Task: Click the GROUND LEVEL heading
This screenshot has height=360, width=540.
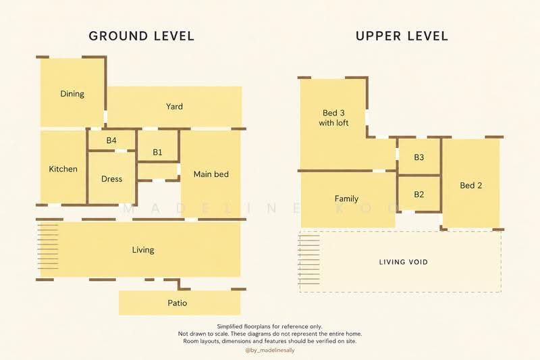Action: [x=142, y=36]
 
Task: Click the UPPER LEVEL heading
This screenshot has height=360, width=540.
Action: [x=402, y=36]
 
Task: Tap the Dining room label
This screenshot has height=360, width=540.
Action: [x=72, y=94]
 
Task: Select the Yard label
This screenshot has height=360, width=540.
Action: [x=174, y=107]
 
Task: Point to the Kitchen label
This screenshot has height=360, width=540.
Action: [x=63, y=169]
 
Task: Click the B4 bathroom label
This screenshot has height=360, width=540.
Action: [x=111, y=140]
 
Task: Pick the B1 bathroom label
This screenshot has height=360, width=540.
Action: [x=157, y=152]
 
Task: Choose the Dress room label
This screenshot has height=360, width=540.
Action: [x=111, y=179]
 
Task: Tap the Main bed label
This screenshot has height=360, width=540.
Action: [x=211, y=174]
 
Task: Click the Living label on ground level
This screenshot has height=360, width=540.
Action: [x=143, y=250]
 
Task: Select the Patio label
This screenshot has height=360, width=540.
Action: [x=178, y=303]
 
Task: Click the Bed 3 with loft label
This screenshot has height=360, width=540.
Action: [x=333, y=118]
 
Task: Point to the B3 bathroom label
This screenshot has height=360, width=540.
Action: [x=418, y=157]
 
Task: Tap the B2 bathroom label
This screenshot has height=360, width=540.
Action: [x=418, y=195]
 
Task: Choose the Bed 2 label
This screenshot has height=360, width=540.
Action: [x=470, y=185]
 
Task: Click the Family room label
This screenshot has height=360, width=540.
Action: [x=346, y=199]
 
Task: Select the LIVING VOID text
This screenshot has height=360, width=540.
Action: [x=404, y=262]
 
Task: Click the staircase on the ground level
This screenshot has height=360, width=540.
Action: [x=48, y=247]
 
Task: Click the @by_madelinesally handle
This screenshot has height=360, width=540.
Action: [x=270, y=351]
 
